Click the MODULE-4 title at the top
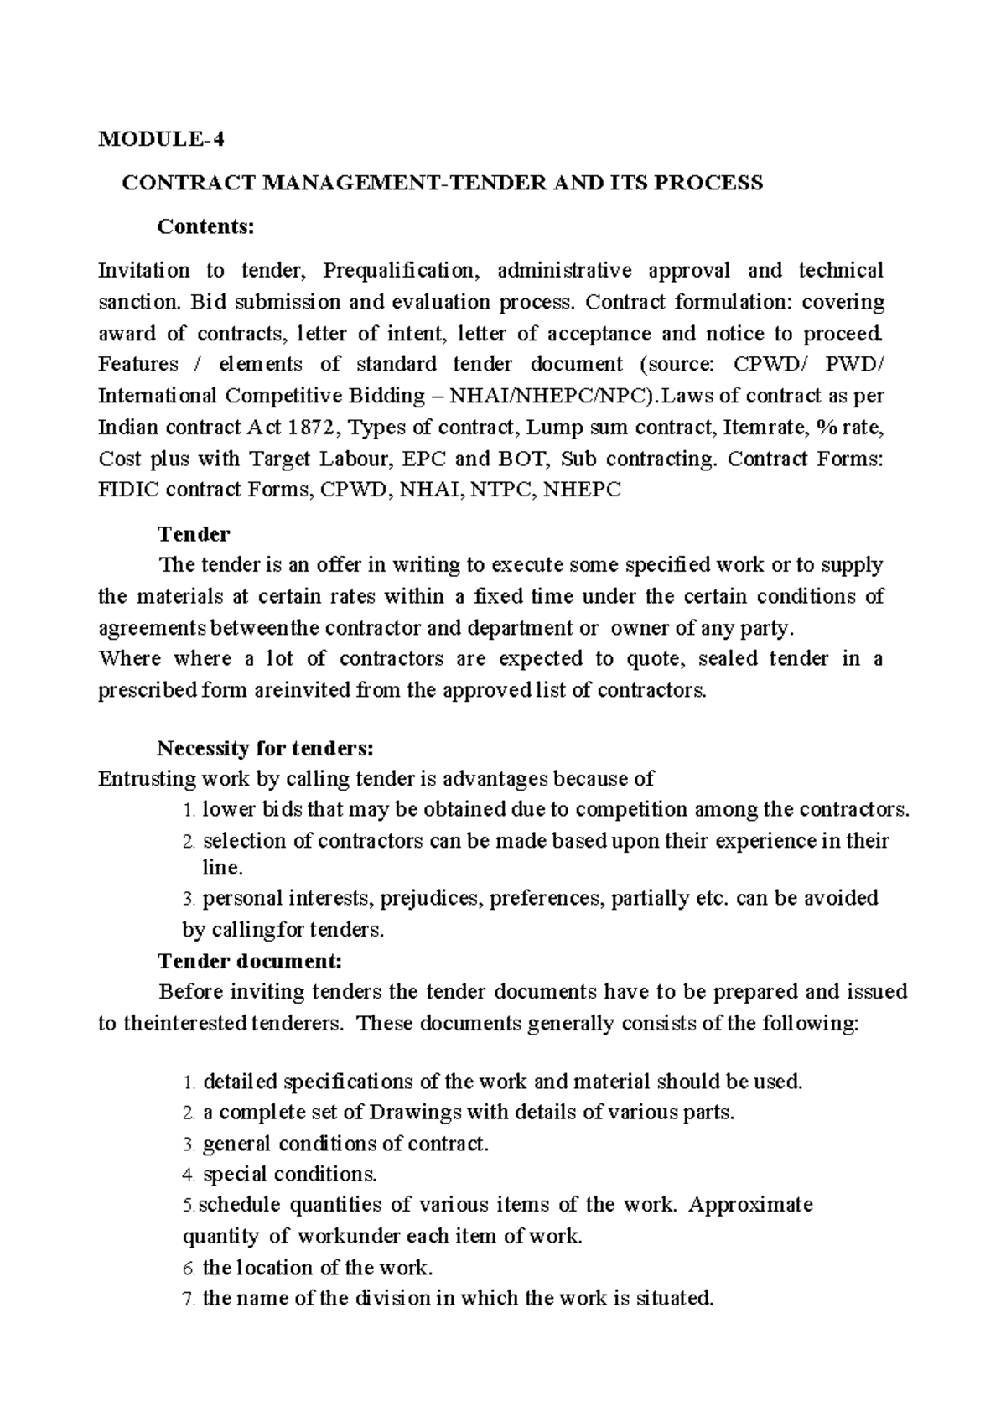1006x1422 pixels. tap(161, 139)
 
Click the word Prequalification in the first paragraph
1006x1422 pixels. tap(398, 270)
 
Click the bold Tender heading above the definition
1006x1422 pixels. tap(194, 534)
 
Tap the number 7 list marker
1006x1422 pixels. tap(188, 1300)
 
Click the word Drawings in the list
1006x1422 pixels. tap(414, 1113)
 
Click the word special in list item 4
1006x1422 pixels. tap(234, 1174)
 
